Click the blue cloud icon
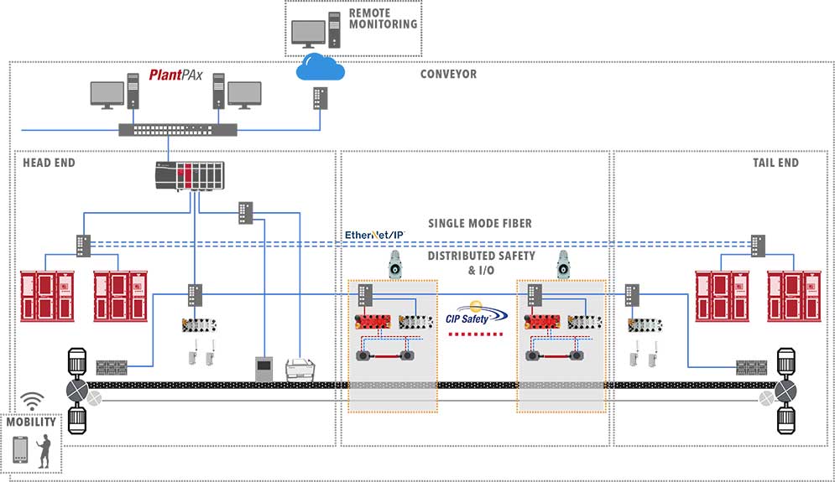click(x=321, y=67)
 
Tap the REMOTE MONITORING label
click(x=382, y=19)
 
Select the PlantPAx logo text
click(x=177, y=75)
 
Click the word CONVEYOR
click(x=448, y=75)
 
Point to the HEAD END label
click(x=49, y=163)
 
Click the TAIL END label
click(x=775, y=163)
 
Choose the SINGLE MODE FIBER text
click(x=480, y=223)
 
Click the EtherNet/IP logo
click(x=375, y=236)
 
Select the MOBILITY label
click(x=31, y=422)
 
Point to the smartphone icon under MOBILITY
click(x=19, y=449)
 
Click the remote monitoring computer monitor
click(x=308, y=34)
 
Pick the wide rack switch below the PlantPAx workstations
click(x=178, y=130)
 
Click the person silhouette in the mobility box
click(x=44, y=450)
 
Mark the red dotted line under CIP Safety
click(x=476, y=334)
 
